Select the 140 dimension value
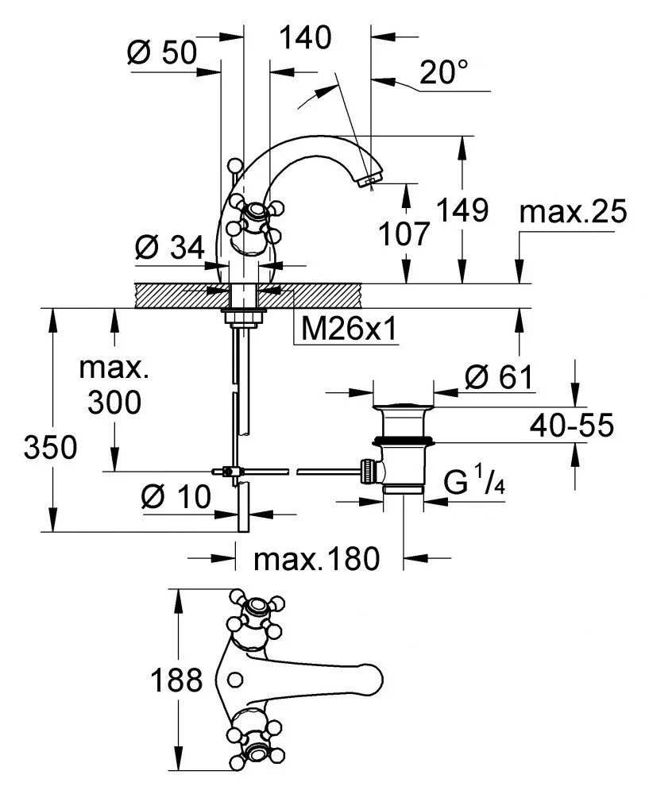coord(304,37)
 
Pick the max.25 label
coord(572,213)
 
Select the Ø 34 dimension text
coord(165,248)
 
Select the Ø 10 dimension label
coord(176,498)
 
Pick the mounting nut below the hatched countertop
coord(242,317)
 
